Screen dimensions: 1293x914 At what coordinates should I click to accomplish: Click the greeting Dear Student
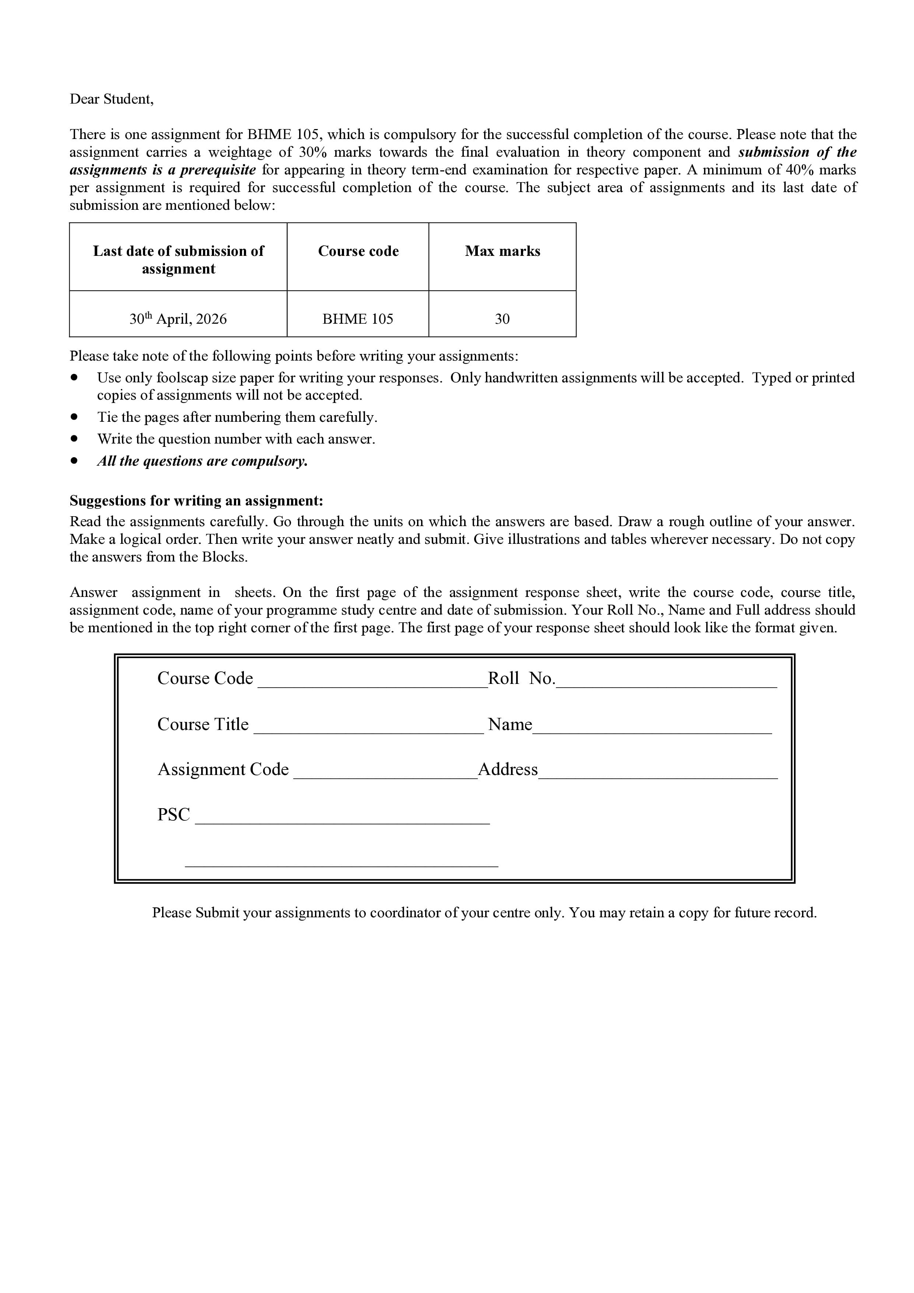(x=111, y=99)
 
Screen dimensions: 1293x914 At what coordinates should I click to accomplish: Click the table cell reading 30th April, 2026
(x=178, y=319)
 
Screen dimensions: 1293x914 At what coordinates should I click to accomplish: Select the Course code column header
(x=358, y=251)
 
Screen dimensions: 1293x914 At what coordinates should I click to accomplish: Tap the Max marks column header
(x=502, y=251)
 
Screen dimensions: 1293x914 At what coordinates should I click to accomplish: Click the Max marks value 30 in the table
(x=502, y=319)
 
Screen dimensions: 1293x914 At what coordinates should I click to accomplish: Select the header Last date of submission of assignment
(x=178, y=259)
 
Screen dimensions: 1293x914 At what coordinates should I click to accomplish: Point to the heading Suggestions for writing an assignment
(x=196, y=501)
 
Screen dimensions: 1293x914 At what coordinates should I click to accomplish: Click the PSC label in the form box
(x=174, y=815)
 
